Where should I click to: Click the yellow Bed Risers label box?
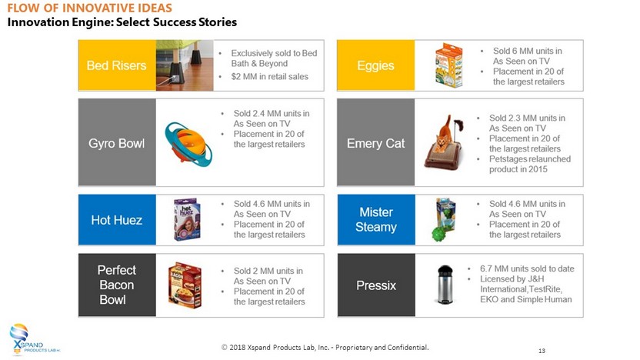pyautogui.click(x=117, y=65)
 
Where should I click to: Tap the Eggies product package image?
pyautogui.click(x=448, y=65)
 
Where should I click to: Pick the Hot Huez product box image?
pyautogui.click(x=188, y=219)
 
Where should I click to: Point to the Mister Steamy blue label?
pyautogui.click(x=376, y=219)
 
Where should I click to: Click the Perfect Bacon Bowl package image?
pyautogui.click(x=185, y=285)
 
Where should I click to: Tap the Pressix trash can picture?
pyautogui.click(x=445, y=284)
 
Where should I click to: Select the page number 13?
pyautogui.click(x=542, y=351)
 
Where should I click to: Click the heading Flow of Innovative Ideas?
pyautogui.click(x=90, y=8)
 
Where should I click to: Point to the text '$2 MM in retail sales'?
pyautogui.click(x=270, y=76)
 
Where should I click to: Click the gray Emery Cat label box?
pyautogui.click(x=376, y=142)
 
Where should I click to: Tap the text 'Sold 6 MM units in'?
pyautogui.click(x=528, y=51)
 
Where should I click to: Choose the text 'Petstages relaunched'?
pyautogui.click(x=530, y=158)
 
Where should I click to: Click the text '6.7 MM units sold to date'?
pyautogui.click(x=527, y=268)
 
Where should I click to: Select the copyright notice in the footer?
pyautogui.click(x=325, y=348)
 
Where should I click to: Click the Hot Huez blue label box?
pyautogui.click(x=117, y=219)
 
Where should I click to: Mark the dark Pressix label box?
pyautogui.click(x=376, y=285)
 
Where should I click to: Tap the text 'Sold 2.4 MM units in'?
pyautogui.click(x=272, y=114)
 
